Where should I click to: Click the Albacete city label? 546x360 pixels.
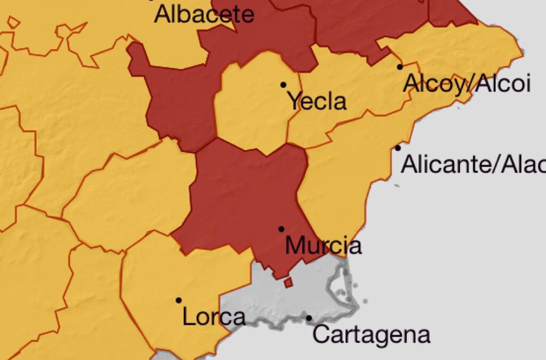(204, 14)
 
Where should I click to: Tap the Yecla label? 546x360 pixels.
(318, 101)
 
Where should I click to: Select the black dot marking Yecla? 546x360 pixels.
(283, 85)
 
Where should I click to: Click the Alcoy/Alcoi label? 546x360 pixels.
(467, 84)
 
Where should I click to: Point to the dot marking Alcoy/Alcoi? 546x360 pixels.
(400, 67)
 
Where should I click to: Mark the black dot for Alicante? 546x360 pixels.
(398, 148)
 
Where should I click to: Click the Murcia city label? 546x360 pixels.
(323, 246)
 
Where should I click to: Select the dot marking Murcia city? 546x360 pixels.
(281, 229)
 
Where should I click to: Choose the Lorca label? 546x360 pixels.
(214, 317)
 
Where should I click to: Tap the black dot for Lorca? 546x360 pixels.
(179, 300)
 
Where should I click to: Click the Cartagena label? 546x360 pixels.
(371, 335)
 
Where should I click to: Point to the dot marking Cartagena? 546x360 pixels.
(309, 318)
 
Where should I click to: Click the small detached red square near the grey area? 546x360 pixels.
(288, 283)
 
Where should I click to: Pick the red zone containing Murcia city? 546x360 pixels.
(240, 197)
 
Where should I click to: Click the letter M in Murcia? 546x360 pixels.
(295, 246)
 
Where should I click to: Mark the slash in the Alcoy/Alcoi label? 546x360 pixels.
(468, 84)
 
